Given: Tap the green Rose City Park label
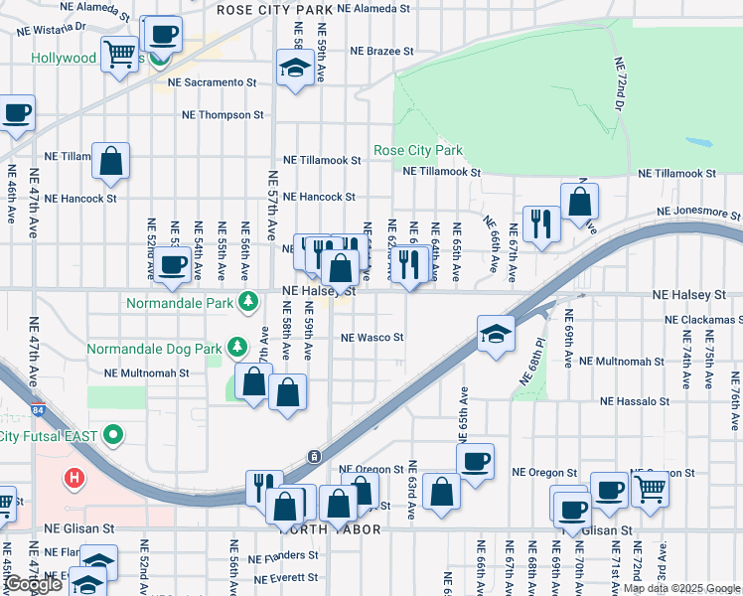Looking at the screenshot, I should point(418,151).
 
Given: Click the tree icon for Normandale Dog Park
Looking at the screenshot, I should point(236,347).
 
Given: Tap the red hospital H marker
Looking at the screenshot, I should point(73,479).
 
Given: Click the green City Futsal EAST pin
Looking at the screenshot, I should point(114,434).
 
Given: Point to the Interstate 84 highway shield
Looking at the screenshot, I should point(313,456).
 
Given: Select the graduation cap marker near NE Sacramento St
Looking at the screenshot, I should point(295,69).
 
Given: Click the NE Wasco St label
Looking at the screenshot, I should point(372,338).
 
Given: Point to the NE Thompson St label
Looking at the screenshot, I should point(223,115).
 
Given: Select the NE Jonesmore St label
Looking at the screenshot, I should point(698,214).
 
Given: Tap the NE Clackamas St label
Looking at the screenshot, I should point(704,320).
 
